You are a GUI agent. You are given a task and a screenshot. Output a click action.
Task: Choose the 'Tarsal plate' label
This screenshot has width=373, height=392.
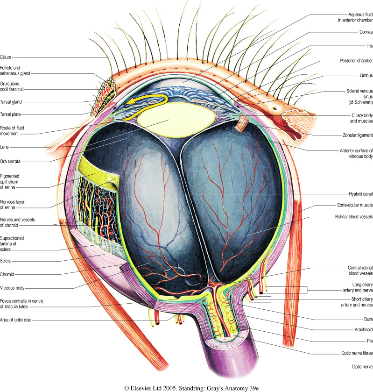point(13,114)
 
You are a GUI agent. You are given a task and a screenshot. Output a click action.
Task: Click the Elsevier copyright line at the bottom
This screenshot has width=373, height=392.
point(186,388)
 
